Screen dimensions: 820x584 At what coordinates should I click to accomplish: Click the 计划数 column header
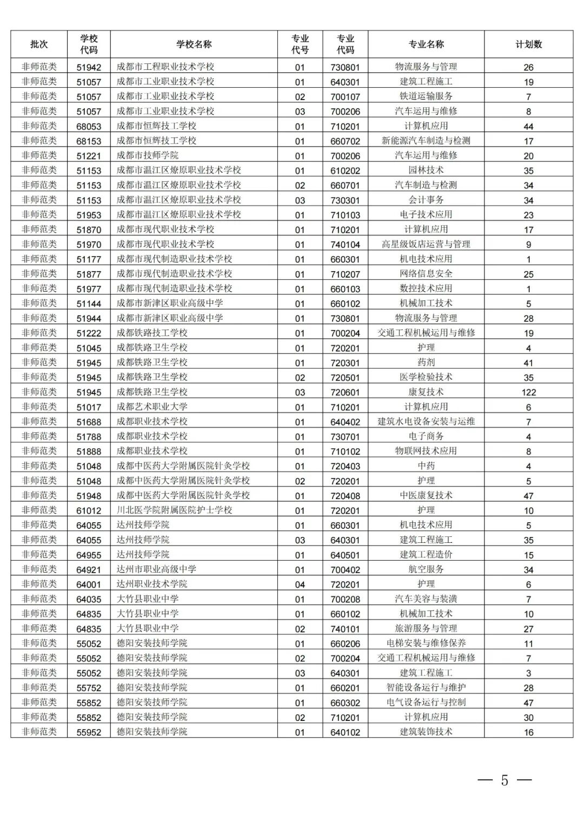point(528,44)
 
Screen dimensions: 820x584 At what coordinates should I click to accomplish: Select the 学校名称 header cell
point(194,44)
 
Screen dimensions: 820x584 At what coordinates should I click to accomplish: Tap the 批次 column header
point(39,44)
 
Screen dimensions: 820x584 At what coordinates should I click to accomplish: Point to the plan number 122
point(528,392)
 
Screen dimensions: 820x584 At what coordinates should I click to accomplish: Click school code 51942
point(89,67)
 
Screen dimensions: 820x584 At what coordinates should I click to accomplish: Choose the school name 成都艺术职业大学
point(152,406)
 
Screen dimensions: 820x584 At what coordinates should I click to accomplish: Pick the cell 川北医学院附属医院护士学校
point(174,510)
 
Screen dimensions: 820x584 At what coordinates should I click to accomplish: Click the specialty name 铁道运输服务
point(426,96)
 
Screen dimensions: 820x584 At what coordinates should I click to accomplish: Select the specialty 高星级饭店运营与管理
point(426,244)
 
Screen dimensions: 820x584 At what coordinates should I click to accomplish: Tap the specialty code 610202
point(345,170)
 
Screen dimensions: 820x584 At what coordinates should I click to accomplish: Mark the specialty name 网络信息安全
point(426,274)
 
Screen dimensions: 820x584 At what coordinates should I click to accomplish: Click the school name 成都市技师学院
point(147,155)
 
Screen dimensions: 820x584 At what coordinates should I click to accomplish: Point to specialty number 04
point(300,585)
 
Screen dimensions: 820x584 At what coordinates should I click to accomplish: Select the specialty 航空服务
point(426,569)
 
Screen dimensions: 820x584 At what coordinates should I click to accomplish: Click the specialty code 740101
point(345,629)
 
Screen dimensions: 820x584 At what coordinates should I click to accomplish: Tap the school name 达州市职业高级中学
point(156,569)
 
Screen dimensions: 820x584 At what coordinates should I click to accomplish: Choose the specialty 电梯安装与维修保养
point(426,644)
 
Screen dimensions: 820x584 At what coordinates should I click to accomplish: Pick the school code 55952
point(89,732)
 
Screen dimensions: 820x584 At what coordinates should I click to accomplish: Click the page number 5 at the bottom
point(505,780)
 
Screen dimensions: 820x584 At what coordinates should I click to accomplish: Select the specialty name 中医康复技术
point(426,495)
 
